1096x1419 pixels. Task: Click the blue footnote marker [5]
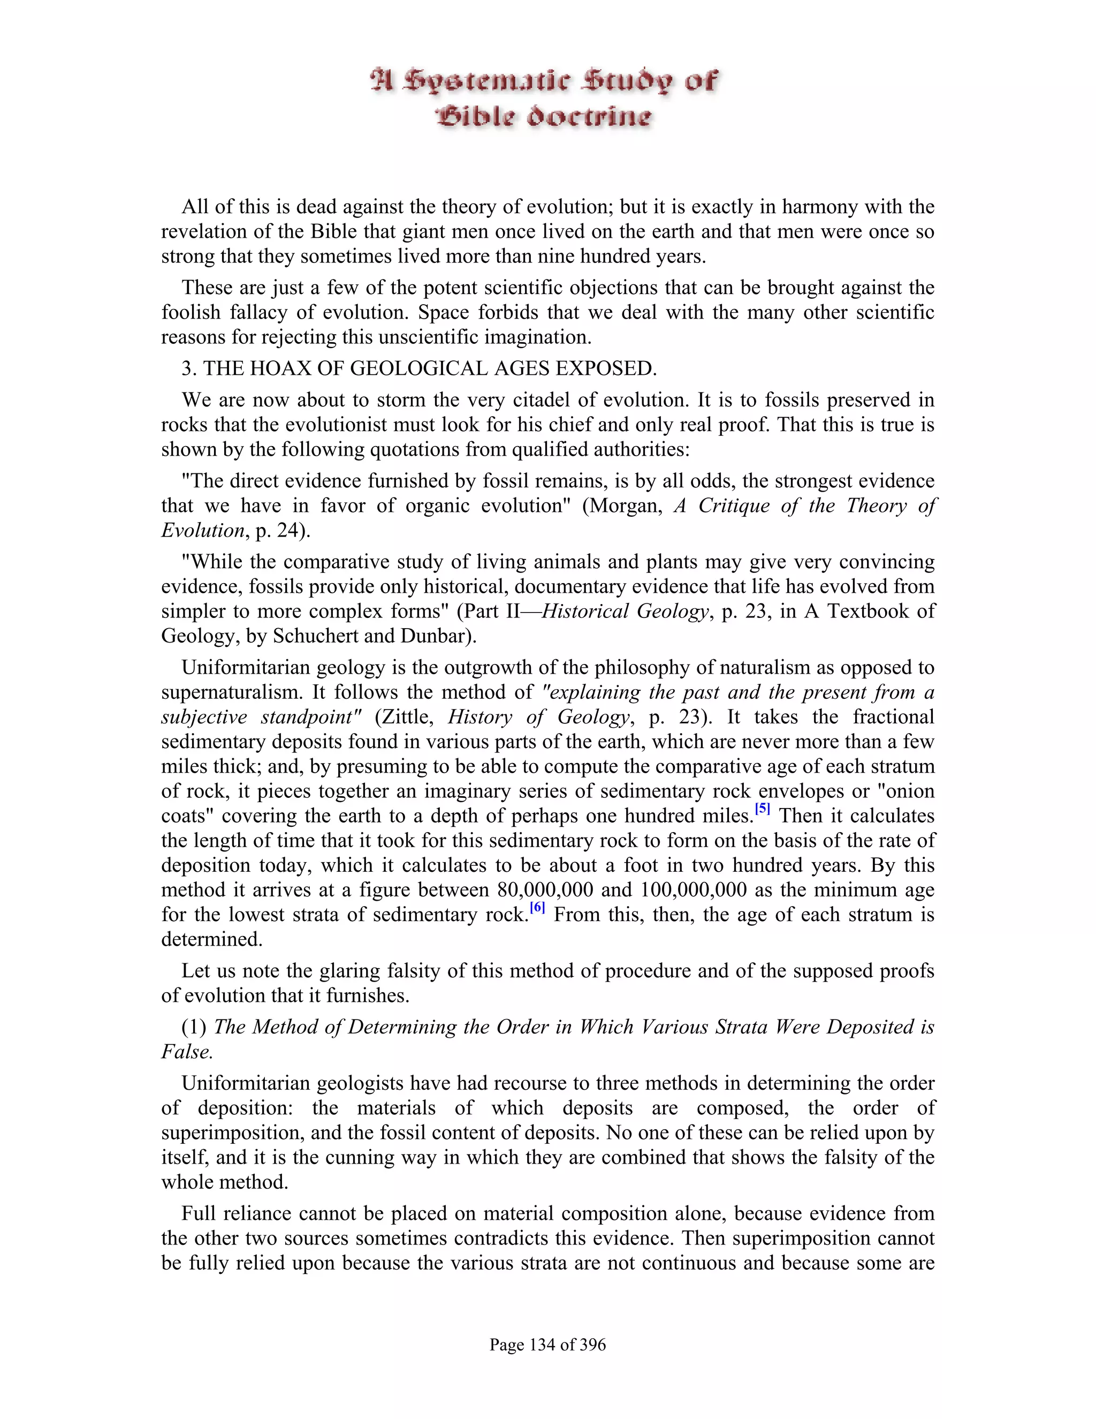[762, 810]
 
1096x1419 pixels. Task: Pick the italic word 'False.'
[187, 1051]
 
